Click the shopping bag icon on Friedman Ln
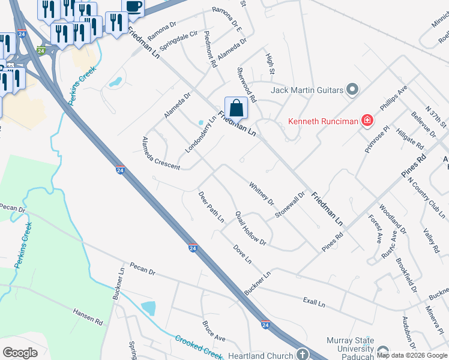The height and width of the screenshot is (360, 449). tap(237, 109)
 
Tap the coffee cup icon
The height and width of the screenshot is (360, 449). tap(133, 7)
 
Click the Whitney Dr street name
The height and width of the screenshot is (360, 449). tap(261, 193)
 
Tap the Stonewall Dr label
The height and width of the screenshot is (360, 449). tap(291, 205)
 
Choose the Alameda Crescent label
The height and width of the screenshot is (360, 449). tap(160, 153)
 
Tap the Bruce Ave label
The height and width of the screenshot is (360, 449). tap(213, 331)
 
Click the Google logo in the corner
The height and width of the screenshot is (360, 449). tap(20, 352)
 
